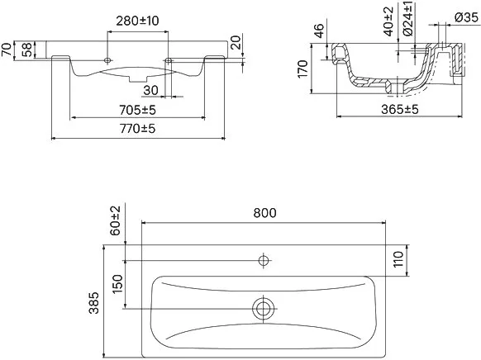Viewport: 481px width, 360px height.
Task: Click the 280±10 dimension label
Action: [x=137, y=21]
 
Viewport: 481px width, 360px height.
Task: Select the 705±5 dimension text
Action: [x=137, y=110]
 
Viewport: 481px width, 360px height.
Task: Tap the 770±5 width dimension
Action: [x=137, y=129]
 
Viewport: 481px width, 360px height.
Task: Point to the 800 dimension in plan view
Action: [x=264, y=213]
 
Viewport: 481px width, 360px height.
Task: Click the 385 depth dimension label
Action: [x=94, y=303]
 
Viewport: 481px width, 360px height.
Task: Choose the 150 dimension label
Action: [x=117, y=284]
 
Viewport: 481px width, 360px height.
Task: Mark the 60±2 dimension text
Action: [x=116, y=220]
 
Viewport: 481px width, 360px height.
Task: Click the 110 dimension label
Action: [x=398, y=259]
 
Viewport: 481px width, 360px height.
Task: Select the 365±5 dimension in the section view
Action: [x=400, y=109]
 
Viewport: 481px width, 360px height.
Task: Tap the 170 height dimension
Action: [x=302, y=69]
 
